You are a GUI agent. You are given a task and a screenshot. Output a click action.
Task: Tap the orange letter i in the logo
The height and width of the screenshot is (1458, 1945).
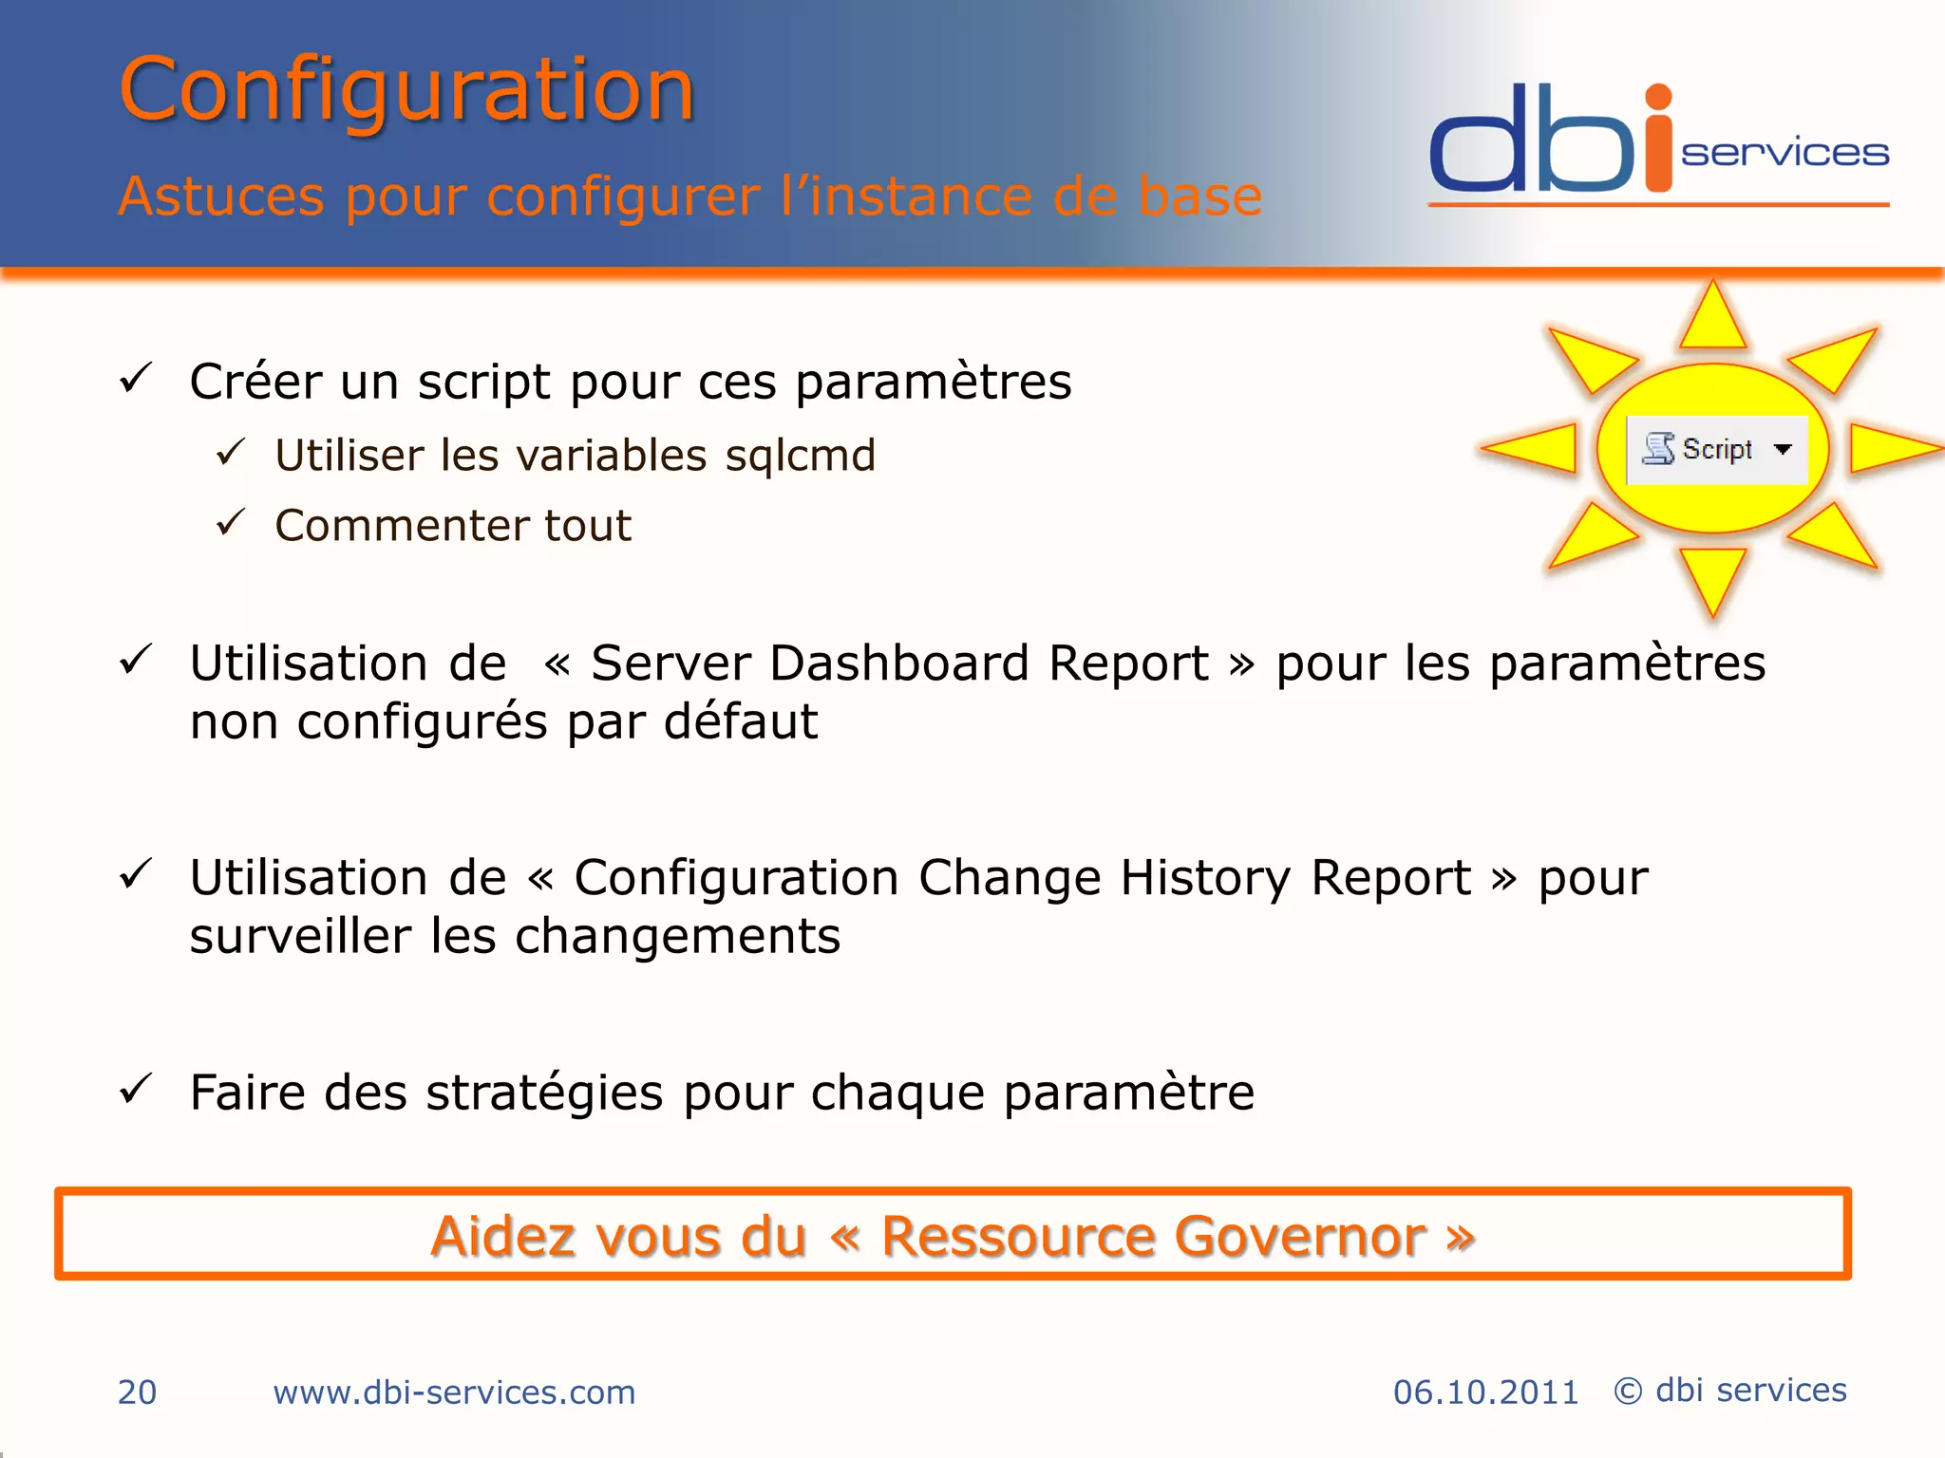pyautogui.click(x=1658, y=142)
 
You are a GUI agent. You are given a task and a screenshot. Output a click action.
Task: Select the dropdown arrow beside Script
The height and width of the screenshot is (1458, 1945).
pyautogui.click(x=1783, y=449)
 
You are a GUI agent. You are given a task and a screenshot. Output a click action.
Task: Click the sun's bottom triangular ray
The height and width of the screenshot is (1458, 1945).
pyautogui.click(x=1712, y=576)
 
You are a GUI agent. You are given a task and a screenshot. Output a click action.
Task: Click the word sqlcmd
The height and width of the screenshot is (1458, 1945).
pyautogui.click(x=800, y=456)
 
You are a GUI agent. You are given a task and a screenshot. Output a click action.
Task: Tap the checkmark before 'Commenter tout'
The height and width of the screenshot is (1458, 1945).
pyautogui.click(x=231, y=522)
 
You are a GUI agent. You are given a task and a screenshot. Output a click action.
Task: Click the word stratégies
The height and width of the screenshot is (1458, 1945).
pyautogui.click(x=544, y=1093)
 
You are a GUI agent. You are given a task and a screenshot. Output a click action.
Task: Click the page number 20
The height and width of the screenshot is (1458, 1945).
pyautogui.click(x=137, y=1393)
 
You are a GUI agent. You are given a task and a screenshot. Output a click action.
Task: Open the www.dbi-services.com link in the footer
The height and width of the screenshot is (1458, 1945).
pyautogui.click(x=454, y=1393)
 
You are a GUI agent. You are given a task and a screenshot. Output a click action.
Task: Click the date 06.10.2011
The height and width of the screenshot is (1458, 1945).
pyautogui.click(x=1485, y=1393)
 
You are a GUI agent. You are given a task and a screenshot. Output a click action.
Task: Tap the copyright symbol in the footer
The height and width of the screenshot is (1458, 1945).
pyautogui.click(x=1628, y=1392)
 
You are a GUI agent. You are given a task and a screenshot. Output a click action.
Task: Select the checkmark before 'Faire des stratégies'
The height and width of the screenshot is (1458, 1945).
pyautogui.click(x=136, y=1089)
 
